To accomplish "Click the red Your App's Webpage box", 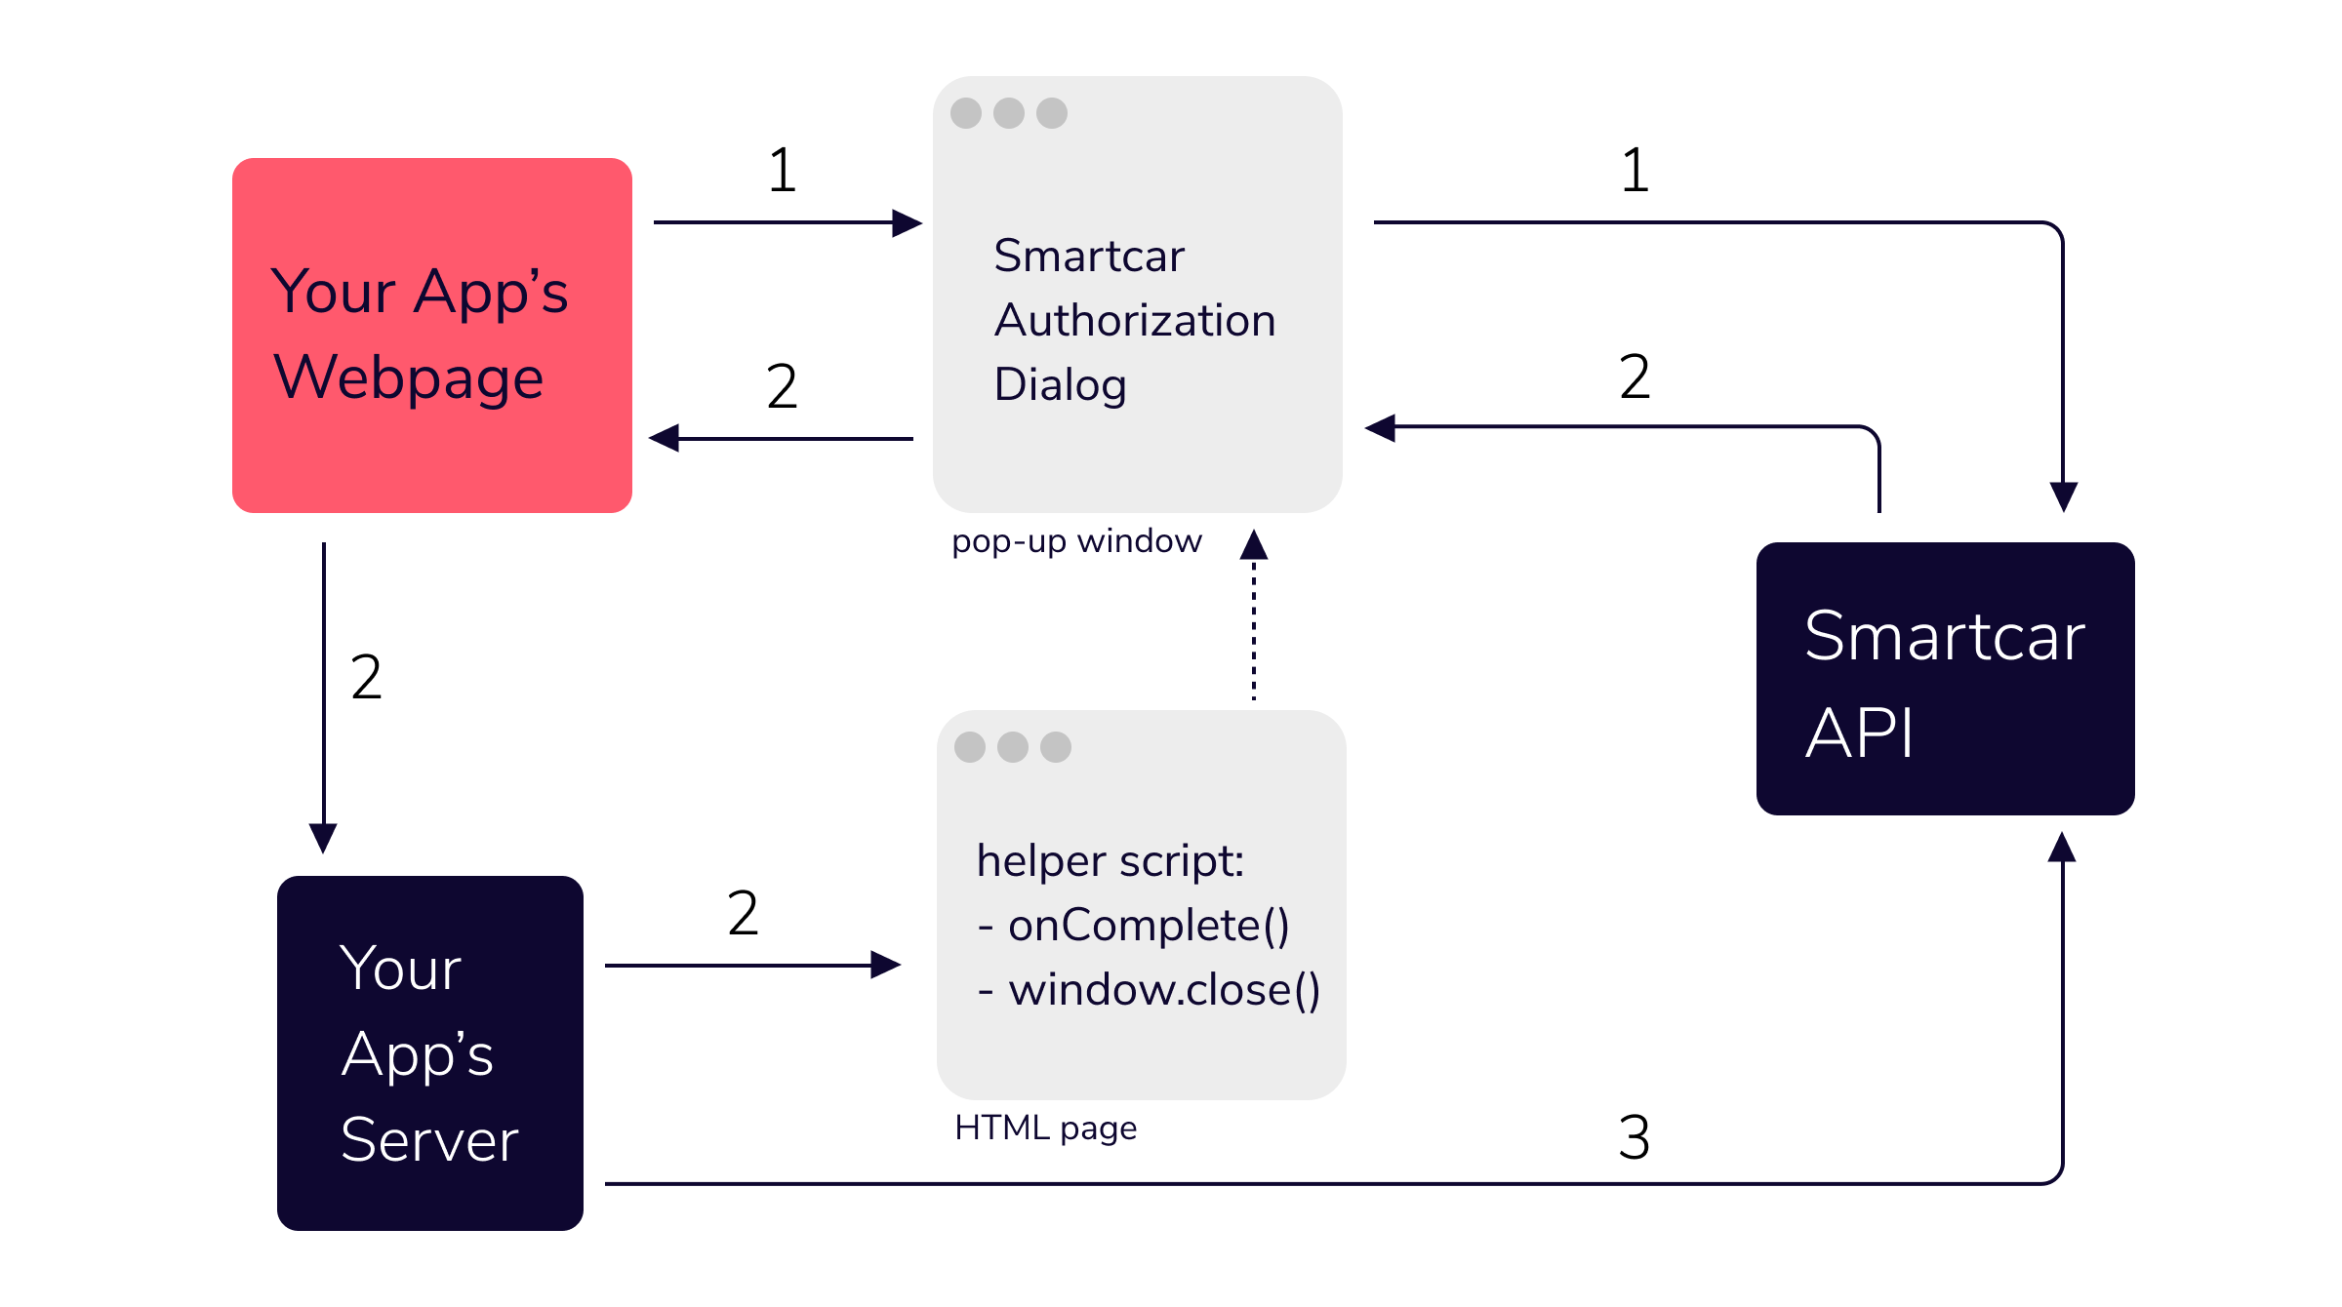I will click(x=431, y=335).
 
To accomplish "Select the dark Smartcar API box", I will click(x=1944, y=679).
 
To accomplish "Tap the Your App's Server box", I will click(x=429, y=1052).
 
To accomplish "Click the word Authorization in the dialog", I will click(x=1134, y=321).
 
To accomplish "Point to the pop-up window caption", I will click(x=1076, y=541).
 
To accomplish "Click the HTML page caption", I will click(x=1045, y=1129).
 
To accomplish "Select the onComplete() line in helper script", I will click(x=1134, y=926).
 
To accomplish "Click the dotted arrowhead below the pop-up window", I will click(x=1254, y=545).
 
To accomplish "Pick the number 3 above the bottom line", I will click(x=1634, y=1137).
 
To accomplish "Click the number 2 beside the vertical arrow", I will click(x=366, y=677).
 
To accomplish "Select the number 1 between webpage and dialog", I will click(x=782, y=170).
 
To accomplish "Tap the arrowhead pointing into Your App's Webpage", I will click(x=666, y=438).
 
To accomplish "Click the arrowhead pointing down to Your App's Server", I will click(x=323, y=838).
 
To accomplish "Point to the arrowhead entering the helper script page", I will click(x=884, y=965).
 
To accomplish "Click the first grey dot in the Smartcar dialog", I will click(x=966, y=113).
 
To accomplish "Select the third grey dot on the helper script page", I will click(x=1055, y=747).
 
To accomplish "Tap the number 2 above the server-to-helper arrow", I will click(x=743, y=913).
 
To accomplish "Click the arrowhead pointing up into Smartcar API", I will click(x=2062, y=848).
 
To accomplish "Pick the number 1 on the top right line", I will click(x=1635, y=170).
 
